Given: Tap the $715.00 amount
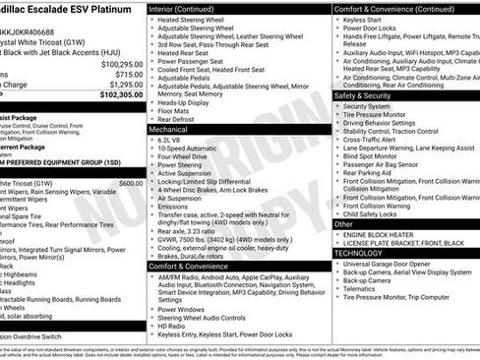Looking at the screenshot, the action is (x=129, y=74).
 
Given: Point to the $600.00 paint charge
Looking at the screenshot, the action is (x=130, y=183).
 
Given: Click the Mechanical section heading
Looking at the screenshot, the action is (x=168, y=129).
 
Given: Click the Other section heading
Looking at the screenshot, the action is (x=344, y=224).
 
